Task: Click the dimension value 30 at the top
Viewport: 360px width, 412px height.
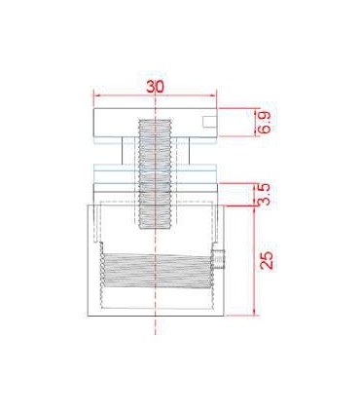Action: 156,87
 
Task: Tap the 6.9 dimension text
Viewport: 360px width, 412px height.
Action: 265,123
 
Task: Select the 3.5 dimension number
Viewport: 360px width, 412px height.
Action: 265,195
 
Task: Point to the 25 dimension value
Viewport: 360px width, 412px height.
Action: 267,260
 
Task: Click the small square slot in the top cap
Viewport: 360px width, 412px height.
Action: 209,121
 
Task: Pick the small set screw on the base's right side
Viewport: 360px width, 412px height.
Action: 218,259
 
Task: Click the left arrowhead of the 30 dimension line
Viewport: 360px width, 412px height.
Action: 96,95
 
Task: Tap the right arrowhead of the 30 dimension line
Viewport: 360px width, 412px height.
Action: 214,95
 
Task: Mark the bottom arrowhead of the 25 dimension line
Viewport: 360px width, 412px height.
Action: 255,313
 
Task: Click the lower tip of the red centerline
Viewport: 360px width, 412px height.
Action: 156,334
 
